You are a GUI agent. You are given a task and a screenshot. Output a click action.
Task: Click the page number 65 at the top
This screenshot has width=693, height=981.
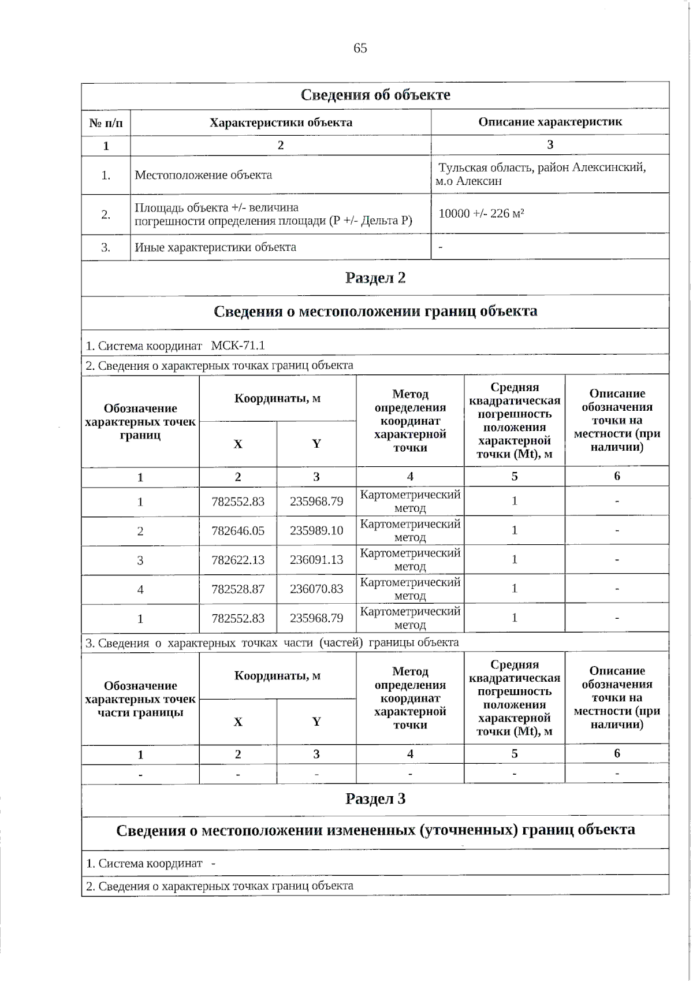click(x=360, y=49)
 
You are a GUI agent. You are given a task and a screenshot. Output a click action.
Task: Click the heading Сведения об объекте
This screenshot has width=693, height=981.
click(x=375, y=95)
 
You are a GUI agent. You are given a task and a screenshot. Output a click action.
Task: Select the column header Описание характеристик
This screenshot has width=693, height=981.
click(x=550, y=122)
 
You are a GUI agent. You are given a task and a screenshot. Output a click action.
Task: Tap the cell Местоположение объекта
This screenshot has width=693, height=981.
click(x=203, y=175)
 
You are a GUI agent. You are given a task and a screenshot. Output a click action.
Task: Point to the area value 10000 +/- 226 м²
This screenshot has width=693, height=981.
click(x=481, y=214)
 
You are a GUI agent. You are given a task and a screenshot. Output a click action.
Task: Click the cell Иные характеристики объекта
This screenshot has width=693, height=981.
click(x=215, y=247)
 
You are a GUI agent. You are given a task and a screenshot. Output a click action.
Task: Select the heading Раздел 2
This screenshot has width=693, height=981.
click(x=375, y=278)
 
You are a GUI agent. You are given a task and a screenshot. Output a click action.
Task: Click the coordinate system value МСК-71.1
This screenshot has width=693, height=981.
click(x=238, y=345)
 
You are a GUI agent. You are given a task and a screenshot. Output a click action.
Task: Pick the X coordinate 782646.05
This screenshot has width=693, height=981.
click(x=238, y=530)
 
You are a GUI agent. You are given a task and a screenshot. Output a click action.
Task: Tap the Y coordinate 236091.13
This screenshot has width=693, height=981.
click(x=316, y=560)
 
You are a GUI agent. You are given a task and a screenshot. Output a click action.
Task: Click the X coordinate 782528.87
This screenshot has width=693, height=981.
click(x=238, y=589)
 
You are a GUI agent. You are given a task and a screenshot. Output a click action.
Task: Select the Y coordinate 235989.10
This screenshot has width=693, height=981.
click(x=316, y=530)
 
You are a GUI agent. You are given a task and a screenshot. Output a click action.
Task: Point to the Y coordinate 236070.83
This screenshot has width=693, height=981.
click(x=316, y=589)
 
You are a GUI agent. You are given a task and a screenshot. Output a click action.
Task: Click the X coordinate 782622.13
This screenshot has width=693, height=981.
click(x=238, y=560)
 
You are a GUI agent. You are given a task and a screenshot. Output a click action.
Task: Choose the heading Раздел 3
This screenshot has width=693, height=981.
click(x=375, y=799)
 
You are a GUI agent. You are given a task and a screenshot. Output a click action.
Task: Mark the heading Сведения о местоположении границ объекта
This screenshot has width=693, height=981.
click(x=375, y=311)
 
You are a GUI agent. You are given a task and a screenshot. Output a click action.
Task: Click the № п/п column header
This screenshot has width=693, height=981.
click(x=106, y=122)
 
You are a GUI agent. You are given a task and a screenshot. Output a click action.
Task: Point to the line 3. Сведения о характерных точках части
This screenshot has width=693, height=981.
click(x=272, y=642)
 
